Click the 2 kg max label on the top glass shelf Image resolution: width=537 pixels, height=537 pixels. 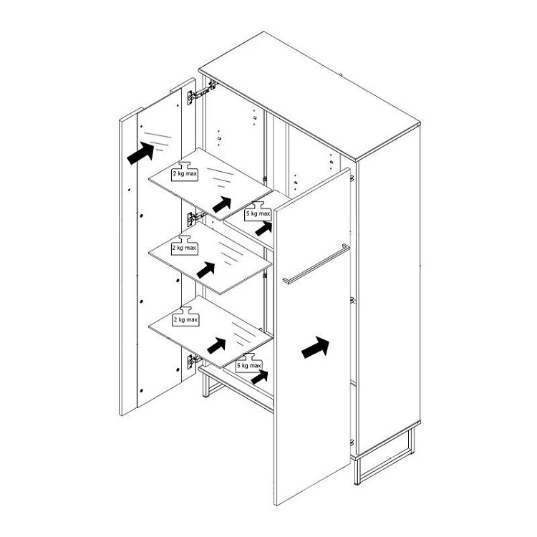185,174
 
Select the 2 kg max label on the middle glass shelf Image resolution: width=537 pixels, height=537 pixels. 184,248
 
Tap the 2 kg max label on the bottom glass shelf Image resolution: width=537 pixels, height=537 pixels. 185,320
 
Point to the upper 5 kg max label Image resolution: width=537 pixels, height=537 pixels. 258,213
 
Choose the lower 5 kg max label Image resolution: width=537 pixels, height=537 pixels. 249,366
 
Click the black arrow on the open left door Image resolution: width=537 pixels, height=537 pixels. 140,153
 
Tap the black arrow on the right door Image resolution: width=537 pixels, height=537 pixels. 315,347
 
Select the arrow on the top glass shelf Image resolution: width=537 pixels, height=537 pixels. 221,204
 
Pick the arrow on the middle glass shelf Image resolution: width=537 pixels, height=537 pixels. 205,270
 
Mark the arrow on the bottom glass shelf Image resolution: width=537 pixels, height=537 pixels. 216,346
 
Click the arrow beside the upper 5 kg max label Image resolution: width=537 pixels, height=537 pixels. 263,229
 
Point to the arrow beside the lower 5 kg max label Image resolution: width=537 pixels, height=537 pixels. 259,377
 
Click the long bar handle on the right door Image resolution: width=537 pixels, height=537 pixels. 316,263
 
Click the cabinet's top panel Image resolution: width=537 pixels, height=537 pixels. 309,96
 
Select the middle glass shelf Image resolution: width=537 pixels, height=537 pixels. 211,258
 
